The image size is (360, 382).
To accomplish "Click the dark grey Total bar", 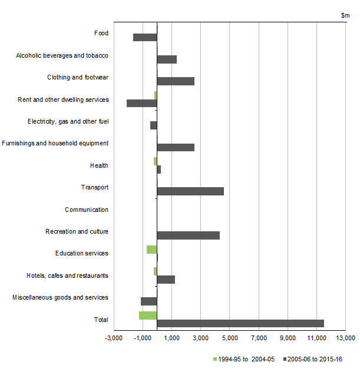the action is pyautogui.click(x=240, y=323).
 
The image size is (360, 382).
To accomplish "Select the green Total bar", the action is pyautogui.click(x=148, y=315).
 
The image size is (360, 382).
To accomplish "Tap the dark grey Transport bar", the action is pyautogui.click(x=190, y=191).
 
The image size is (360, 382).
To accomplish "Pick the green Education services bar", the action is pyautogui.click(x=151, y=250).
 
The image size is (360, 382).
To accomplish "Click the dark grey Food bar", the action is pyautogui.click(x=145, y=37).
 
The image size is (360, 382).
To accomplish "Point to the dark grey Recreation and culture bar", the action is pyautogui.click(x=189, y=235).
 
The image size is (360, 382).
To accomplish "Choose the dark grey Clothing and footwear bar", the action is pyautogui.click(x=176, y=81).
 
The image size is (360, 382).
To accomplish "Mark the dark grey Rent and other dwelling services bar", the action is pyautogui.click(x=142, y=103).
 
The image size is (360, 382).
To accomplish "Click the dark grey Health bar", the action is pyautogui.click(x=158, y=170).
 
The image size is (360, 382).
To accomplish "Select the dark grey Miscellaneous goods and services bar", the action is pyautogui.click(x=149, y=301).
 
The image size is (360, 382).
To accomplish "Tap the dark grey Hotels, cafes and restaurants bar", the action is pyautogui.click(x=166, y=280).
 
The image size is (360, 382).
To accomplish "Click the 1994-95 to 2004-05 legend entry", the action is pyautogui.click(x=244, y=359).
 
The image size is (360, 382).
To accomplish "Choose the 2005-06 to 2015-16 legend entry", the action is pyautogui.click(x=313, y=359).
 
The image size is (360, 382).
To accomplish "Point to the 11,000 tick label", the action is pyautogui.click(x=316, y=338).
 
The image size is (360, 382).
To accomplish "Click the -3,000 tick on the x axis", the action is pyautogui.click(x=114, y=331).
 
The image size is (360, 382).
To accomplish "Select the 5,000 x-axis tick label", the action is pyautogui.click(x=230, y=338).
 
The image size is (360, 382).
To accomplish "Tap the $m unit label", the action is pyautogui.click(x=345, y=15).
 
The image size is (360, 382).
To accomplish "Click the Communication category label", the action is pyautogui.click(x=87, y=210).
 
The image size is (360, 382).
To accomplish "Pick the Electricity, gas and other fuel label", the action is pyautogui.click(x=68, y=122).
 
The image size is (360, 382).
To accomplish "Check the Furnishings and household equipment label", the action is pyautogui.click(x=55, y=143).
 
